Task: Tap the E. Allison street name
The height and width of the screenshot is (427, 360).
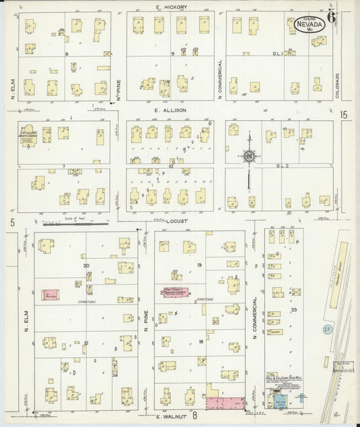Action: click(x=172, y=109)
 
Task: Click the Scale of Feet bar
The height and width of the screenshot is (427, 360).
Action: click(x=74, y=226)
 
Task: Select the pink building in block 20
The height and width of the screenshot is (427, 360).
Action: click(x=51, y=295)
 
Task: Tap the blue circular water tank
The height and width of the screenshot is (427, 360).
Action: click(x=328, y=329)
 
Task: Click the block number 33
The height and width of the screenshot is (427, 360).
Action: click(x=294, y=309)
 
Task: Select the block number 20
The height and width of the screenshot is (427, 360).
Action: click(x=86, y=266)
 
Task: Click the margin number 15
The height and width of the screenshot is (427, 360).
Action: click(x=344, y=116)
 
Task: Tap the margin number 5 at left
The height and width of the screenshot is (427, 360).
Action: click(x=11, y=222)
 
